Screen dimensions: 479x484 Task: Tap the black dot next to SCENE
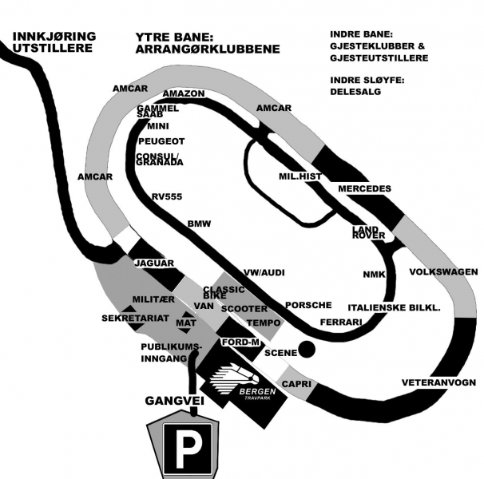(305, 350)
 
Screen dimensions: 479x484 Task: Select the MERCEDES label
(365, 188)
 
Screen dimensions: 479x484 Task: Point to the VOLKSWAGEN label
(443, 271)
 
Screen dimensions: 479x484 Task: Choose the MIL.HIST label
(300, 177)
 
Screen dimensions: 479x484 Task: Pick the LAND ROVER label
(369, 232)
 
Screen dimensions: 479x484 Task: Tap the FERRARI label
(341, 322)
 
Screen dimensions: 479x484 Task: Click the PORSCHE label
(308, 305)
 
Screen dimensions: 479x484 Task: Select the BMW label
(199, 224)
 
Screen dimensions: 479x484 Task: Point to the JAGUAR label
(154, 263)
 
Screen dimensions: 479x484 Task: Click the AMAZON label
(184, 93)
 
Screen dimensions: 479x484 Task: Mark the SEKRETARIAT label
(134, 318)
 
